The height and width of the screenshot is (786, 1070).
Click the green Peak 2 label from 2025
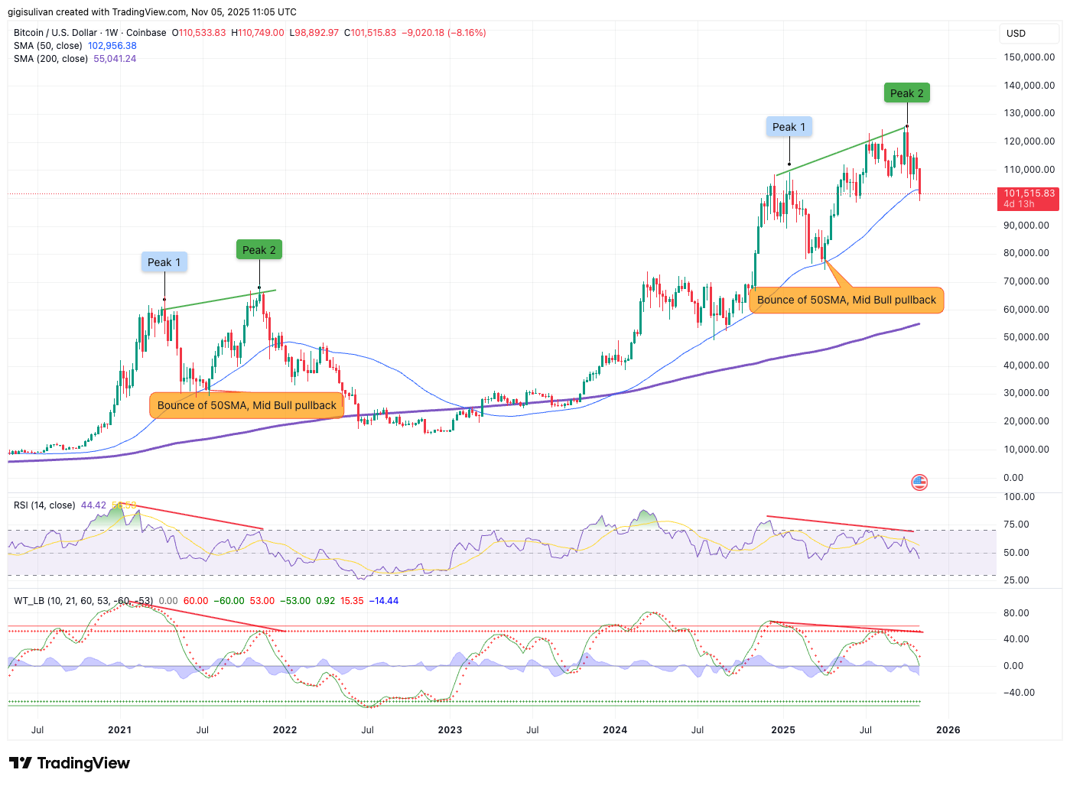point(906,93)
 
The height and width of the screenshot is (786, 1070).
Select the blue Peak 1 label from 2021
point(164,262)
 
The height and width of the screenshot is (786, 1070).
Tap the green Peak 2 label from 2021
point(259,250)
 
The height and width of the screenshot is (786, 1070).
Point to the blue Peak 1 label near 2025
point(789,127)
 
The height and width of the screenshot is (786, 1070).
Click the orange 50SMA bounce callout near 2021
point(246,405)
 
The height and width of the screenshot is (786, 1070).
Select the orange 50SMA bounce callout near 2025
point(846,300)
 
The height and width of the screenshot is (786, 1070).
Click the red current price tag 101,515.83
point(1029,198)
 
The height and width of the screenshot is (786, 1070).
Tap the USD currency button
point(1016,34)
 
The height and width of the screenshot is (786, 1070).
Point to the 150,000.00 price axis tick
point(1029,57)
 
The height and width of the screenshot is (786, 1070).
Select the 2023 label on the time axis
point(450,730)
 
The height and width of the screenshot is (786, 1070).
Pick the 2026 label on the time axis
point(948,730)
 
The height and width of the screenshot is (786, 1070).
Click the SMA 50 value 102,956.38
point(112,46)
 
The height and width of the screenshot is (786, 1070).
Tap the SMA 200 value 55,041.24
point(115,59)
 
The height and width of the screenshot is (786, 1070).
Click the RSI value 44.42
point(93,505)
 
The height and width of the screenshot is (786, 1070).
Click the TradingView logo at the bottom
point(70,763)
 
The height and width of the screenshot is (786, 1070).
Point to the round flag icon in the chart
point(919,482)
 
